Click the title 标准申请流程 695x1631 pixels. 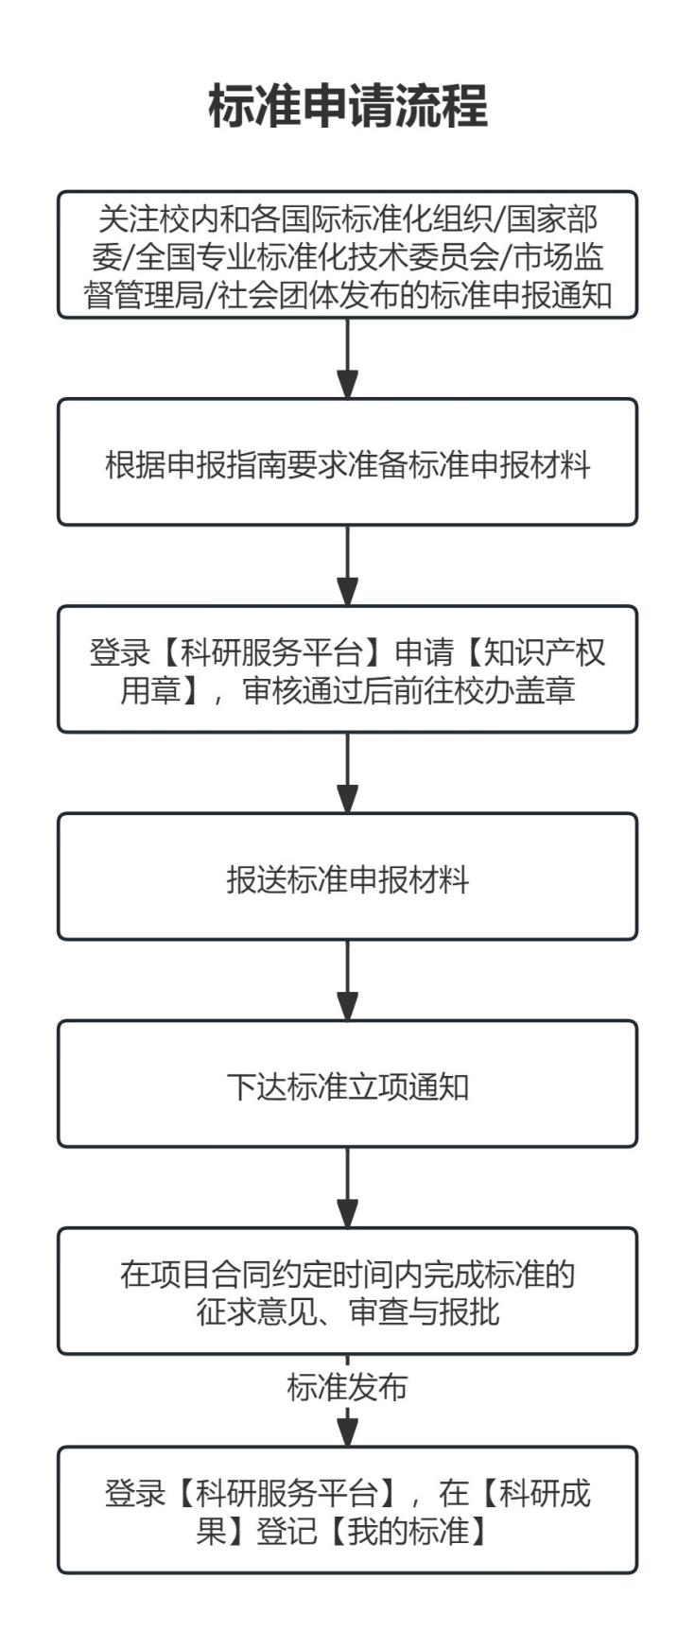[348, 105]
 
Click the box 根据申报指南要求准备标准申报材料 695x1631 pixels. [348, 462]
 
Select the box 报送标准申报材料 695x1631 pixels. [348, 876]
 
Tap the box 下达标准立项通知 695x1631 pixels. [348, 1084]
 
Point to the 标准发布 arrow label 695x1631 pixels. [347, 1387]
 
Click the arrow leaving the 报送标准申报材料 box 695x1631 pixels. [348, 980]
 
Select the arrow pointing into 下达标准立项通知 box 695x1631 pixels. [348, 980]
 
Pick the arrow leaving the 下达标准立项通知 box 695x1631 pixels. [348, 1188]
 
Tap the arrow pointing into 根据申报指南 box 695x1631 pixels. [348, 358]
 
